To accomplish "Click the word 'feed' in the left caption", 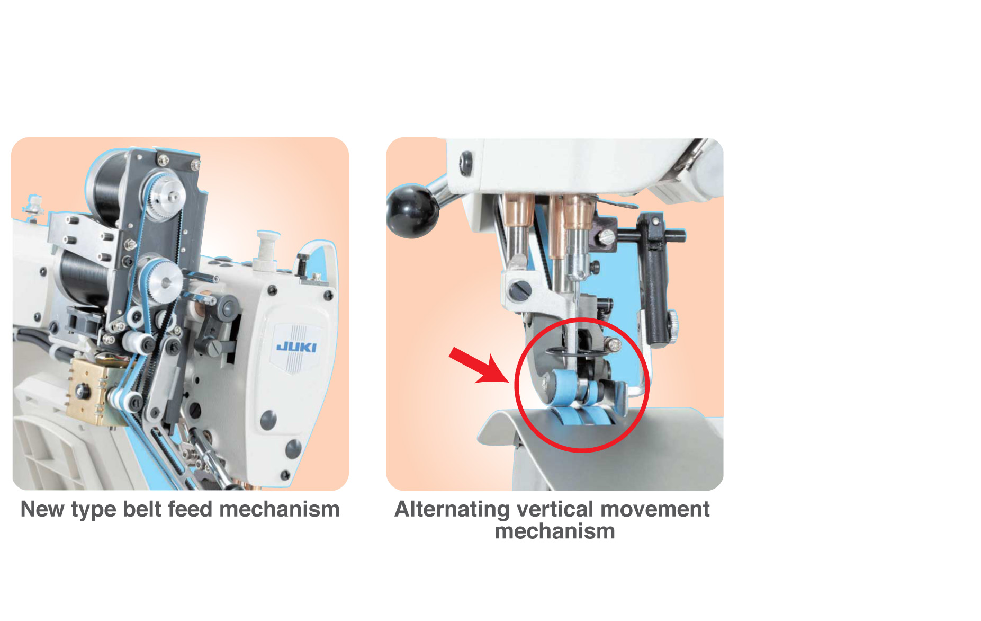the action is [193, 509].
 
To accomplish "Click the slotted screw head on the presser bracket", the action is [519, 289].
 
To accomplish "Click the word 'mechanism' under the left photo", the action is [280, 509].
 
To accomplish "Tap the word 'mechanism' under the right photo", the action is [555, 531].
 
